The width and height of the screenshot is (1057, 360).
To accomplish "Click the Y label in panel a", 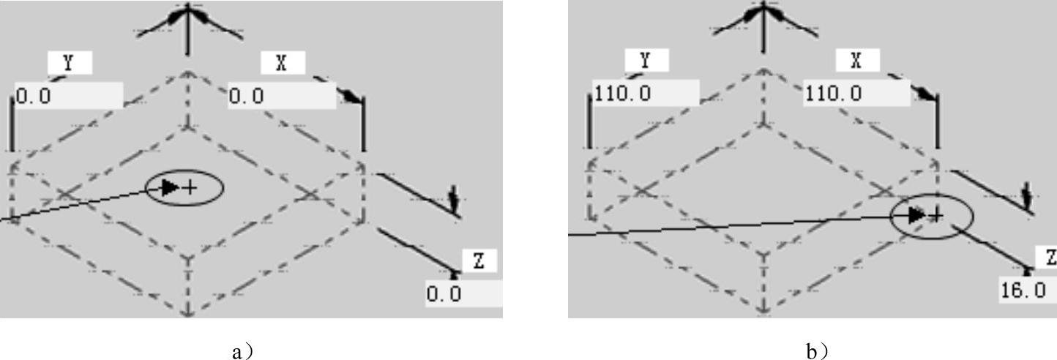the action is tap(70, 64).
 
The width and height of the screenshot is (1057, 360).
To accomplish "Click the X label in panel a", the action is tap(282, 64).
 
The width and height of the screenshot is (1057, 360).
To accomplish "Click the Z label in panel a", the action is tap(479, 261).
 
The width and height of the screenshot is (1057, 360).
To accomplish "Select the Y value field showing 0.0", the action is tap(69, 96).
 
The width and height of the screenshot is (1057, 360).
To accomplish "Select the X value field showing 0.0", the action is tap(281, 96).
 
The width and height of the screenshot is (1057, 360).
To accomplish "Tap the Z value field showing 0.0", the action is tap(463, 295).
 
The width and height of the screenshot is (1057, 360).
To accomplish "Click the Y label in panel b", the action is tap(645, 61).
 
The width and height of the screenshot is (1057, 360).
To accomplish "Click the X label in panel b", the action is tap(856, 61).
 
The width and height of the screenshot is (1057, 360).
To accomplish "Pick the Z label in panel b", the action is tap(1049, 258).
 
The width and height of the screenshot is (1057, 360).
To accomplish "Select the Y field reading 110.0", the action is tap(645, 94).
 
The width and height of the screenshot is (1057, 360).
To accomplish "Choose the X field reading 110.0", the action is tap(856, 94).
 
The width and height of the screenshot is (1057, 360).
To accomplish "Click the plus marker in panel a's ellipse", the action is tap(190, 188).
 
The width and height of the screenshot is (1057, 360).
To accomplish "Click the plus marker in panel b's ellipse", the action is tap(935, 215).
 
